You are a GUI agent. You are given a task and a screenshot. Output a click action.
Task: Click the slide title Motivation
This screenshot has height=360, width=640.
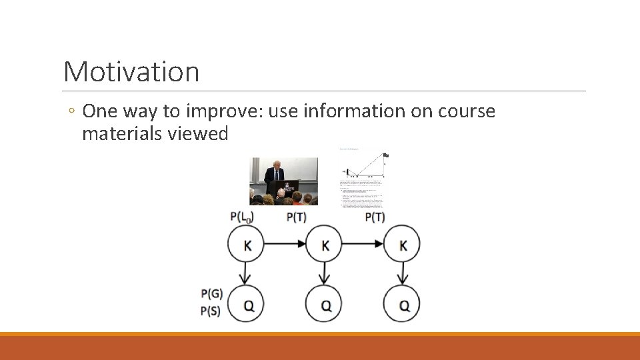(x=131, y=71)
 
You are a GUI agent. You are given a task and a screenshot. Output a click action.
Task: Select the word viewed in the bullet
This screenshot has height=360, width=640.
(x=198, y=134)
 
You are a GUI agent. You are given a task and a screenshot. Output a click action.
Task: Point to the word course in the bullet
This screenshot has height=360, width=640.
(x=467, y=111)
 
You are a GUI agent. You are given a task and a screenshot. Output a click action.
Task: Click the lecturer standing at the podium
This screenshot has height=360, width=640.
(x=273, y=175)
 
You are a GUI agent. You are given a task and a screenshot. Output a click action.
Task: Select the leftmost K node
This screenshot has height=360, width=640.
(x=247, y=245)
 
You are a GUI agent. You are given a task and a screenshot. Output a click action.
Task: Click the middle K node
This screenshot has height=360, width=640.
(x=325, y=245)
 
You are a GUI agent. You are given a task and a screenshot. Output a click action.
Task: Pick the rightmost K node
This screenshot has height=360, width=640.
(x=403, y=245)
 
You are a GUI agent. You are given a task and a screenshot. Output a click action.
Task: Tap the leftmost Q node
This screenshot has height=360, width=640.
(x=247, y=305)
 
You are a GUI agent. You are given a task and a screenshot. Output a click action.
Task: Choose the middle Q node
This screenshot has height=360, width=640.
(x=325, y=305)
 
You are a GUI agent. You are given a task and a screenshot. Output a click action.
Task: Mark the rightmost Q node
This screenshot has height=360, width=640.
(x=403, y=305)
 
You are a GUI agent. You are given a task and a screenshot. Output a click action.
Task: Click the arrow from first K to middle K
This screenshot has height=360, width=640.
(x=286, y=245)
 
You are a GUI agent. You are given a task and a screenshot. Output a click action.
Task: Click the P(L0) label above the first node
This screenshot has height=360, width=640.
(x=242, y=217)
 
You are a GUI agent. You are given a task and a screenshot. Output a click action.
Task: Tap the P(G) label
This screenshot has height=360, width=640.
(x=211, y=293)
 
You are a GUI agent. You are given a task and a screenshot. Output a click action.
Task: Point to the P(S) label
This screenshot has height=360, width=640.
(x=211, y=311)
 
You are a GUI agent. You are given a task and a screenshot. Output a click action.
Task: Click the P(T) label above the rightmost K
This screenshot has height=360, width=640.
(x=375, y=217)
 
